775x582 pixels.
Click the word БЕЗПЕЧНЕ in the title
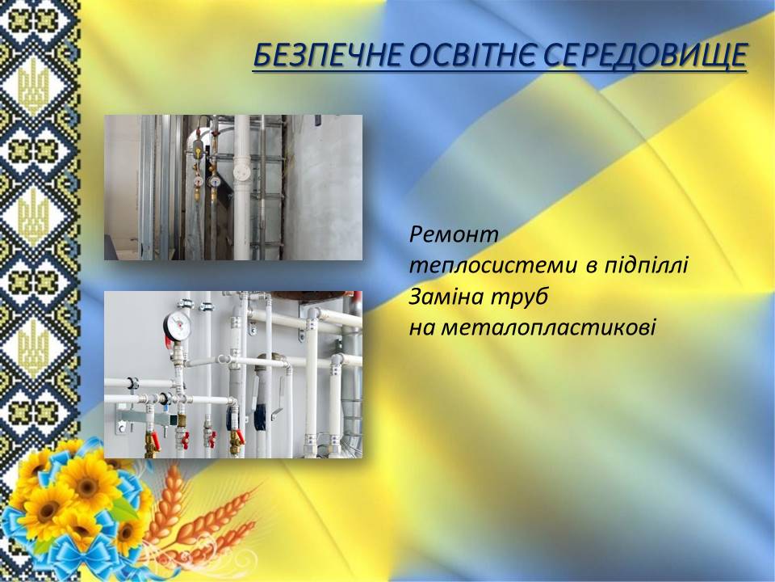pos(329,56)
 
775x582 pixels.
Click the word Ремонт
pos(454,234)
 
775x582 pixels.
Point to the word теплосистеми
pos(493,266)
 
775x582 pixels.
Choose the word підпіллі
pos(646,266)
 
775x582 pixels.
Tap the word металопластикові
pos(532,327)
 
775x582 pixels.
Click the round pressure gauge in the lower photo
pos(178,326)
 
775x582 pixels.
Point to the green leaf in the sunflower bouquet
pos(123,511)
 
